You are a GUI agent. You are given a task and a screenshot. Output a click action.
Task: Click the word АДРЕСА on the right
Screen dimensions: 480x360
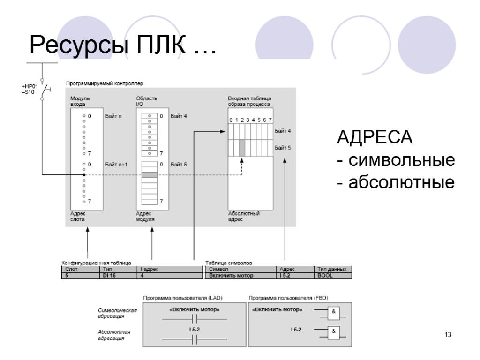(375, 139)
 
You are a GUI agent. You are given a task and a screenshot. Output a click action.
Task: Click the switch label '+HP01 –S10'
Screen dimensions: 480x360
(29, 89)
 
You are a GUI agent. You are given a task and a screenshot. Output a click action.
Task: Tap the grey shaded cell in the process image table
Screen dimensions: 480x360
(242, 148)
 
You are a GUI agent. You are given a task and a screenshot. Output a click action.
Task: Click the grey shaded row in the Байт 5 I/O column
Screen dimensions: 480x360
(150, 175)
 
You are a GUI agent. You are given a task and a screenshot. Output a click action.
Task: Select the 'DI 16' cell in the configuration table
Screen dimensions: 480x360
(109, 276)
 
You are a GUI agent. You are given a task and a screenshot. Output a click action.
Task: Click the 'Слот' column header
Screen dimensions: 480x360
(72, 270)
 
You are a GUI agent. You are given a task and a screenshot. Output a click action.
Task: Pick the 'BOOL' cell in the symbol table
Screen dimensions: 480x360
(325, 276)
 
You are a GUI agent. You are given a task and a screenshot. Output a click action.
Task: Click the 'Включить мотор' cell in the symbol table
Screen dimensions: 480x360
(231, 276)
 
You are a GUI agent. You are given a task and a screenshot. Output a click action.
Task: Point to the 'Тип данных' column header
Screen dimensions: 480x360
(332, 270)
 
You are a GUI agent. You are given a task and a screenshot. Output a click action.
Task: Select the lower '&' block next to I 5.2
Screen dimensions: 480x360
(334, 332)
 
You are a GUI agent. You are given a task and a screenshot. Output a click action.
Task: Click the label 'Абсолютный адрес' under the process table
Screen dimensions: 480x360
(244, 216)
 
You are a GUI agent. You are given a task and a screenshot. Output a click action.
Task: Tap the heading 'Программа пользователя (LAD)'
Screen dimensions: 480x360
(183, 298)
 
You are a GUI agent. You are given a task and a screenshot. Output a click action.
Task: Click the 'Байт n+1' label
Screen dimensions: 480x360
(116, 165)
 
